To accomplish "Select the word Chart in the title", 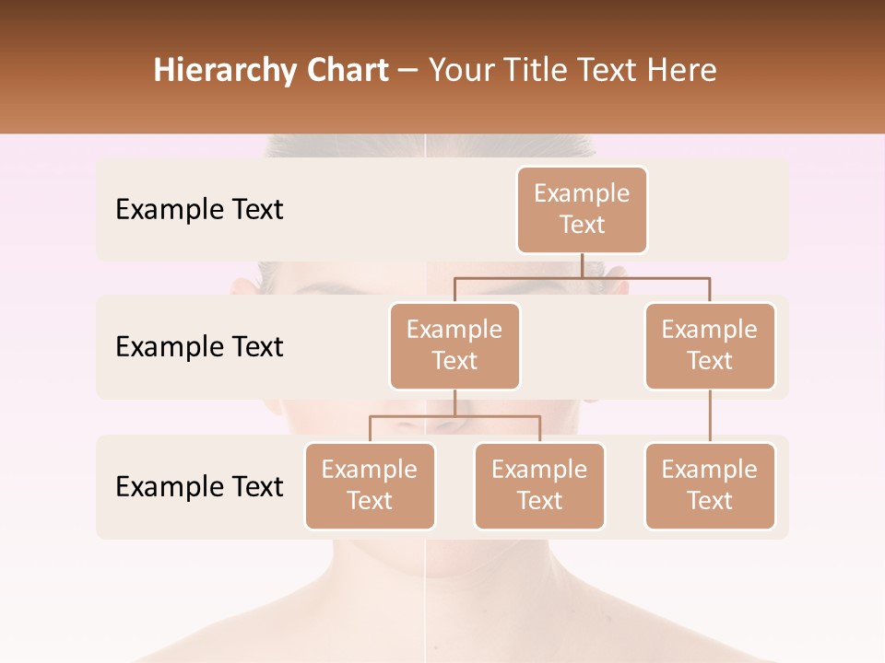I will point(344,71).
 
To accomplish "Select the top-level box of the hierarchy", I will point(582,210).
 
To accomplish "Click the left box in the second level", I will point(454,346).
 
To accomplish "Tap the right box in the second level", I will point(710,346).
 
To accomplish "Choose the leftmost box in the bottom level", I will point(370,486).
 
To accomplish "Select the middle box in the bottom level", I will point(539,486).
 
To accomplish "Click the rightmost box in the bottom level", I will point(710,486).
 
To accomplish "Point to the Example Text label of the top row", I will point(199,210).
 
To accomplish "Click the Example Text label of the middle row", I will point(199,347).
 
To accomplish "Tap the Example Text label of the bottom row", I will point(199,487).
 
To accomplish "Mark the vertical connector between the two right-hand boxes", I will point(710,416).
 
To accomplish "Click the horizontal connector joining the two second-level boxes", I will point(582,277).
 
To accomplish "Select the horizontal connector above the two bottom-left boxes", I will point(454,416).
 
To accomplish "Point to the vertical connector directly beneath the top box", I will point(582,265).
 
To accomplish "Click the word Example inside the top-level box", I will point(582,194).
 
